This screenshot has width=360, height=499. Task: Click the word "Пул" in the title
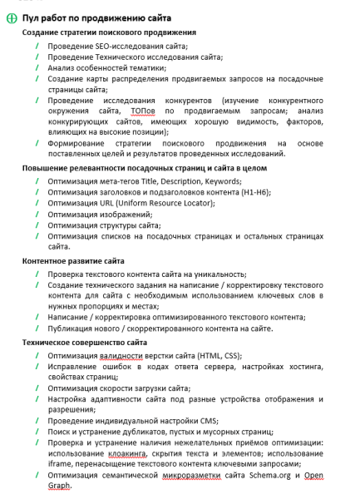coord(32,17)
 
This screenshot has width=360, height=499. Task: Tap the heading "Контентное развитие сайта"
coord(73,260)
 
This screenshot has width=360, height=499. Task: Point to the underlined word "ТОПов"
coord(143,111)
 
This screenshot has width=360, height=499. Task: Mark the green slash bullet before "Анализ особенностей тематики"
coord(37,68)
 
